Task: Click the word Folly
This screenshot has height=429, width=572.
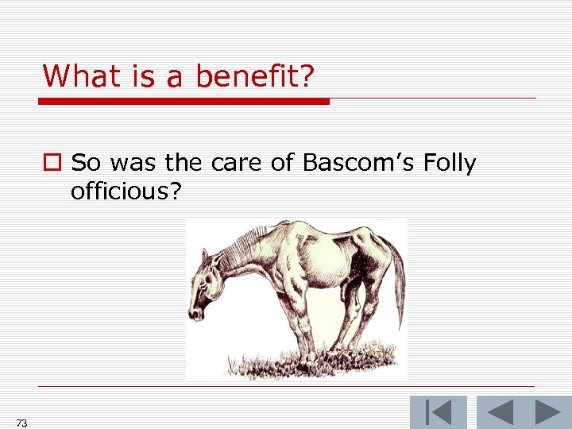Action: [x=450, y=164]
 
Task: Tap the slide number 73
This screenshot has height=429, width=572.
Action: [x=21, y=423]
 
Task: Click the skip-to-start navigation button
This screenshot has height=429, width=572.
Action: [x=438, y=412]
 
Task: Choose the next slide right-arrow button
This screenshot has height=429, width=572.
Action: [x=547, y=412]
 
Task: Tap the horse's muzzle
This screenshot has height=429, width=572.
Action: [x=196, y=311]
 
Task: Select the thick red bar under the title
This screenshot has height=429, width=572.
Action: [x=184, y=102]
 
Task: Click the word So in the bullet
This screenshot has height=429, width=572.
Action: [x=87, y=164]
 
